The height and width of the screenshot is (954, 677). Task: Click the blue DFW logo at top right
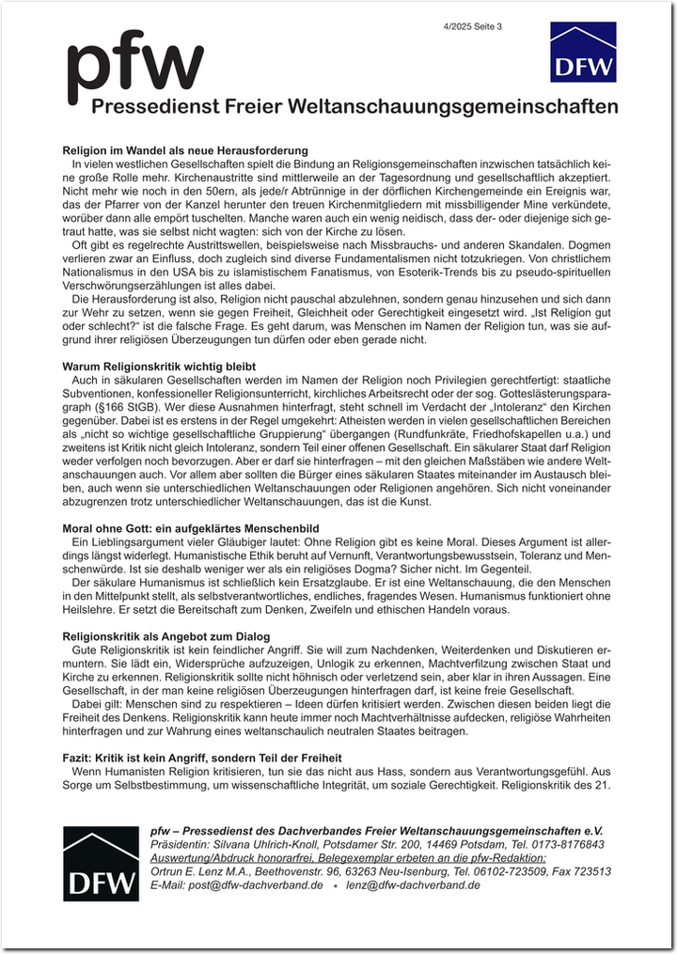coord(583,52)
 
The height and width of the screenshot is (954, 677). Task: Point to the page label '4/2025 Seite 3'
coord(474,26)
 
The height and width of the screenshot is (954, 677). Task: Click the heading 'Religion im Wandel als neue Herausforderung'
coord(185,150)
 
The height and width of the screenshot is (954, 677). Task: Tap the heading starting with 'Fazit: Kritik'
coord(202,758)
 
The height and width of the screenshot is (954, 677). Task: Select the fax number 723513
coord(589,871)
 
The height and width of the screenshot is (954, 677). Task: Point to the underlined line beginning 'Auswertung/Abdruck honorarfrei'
coord(348,858)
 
